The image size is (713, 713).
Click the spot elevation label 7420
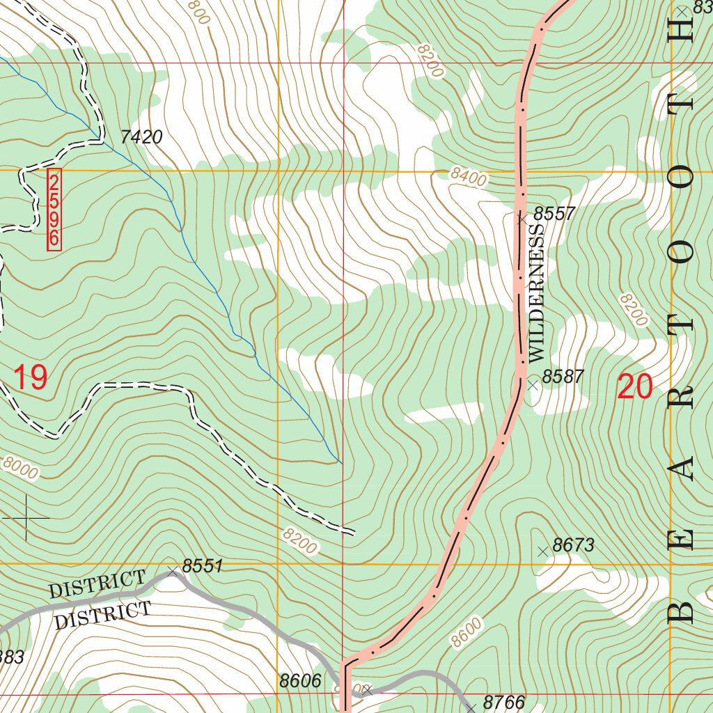pyautogui.click(x=141, y=137)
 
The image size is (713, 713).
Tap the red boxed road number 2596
pyautogui.click(x=54, y=210)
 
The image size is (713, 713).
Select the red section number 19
pyautogui.click(x=31, y=377)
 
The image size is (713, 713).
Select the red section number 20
pyautogui.click(x=634, y=387)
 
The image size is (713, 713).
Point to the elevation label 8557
pyautogui.click(x=554, y=214)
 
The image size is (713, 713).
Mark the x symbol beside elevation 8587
pyautogui.click(x=533, y=384)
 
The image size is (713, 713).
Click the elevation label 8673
pyautogui.click(x=573, y=545)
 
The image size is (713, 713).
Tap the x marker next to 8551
pyautogui.click(x=173, y=572)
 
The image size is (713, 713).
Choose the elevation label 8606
pyautogui.click(x=300, y=681)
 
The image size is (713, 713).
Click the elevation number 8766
pyautogui.click(x=503, y=702)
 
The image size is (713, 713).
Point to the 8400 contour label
pyautogui.click(x=467, y=177)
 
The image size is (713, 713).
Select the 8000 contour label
pyautogui.click(x=20, y=467)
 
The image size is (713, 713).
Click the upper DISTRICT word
pyautogui.click(x=97, y=584)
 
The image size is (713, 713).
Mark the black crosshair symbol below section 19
pyautogui.click(x=26, y=518)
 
